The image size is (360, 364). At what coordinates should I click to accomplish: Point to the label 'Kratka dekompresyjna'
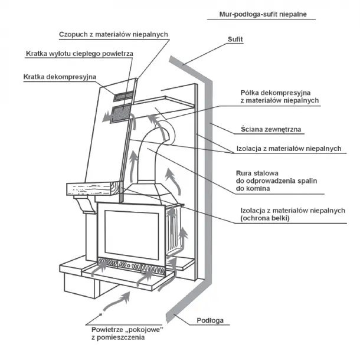click(55, 77)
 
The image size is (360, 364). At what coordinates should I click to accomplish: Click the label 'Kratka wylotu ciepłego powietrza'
click(79, 54)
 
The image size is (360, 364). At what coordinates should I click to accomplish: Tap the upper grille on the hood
click(124, 96)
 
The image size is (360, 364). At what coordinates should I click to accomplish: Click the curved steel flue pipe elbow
click(156, 142)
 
